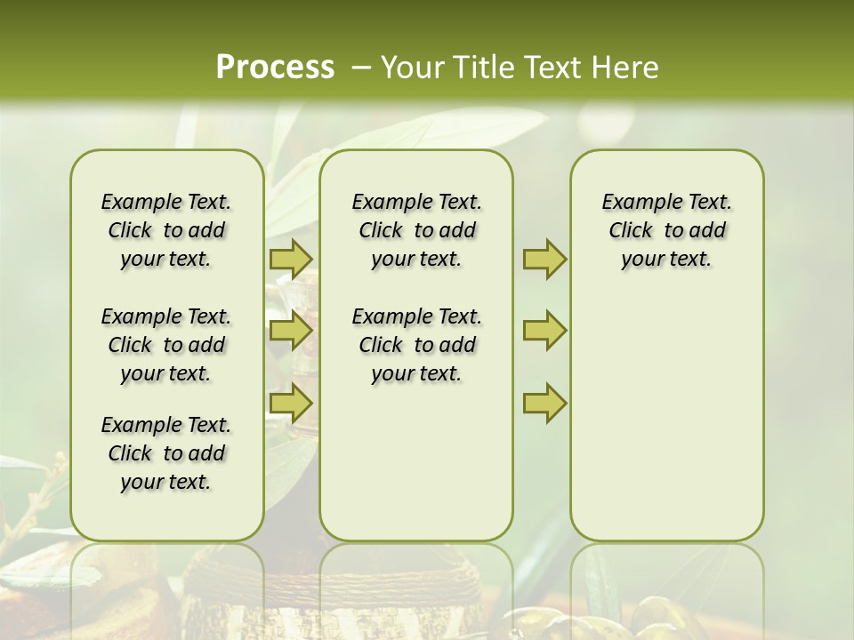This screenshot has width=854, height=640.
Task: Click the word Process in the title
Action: coord(275,68)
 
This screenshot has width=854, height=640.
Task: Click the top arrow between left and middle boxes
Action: coord(291,259)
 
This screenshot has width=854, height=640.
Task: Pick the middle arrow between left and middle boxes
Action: coord(291,331)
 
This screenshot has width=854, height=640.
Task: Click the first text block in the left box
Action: coord(166,230)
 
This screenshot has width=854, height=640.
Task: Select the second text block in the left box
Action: coord(166,345)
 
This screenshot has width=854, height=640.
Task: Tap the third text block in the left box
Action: coord(166,453)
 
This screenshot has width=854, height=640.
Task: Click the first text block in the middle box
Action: coord(417,230)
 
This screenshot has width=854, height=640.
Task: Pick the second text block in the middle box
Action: coord(417,345)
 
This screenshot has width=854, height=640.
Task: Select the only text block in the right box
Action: coord(667,230)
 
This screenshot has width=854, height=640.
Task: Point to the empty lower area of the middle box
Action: coord(417,462)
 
